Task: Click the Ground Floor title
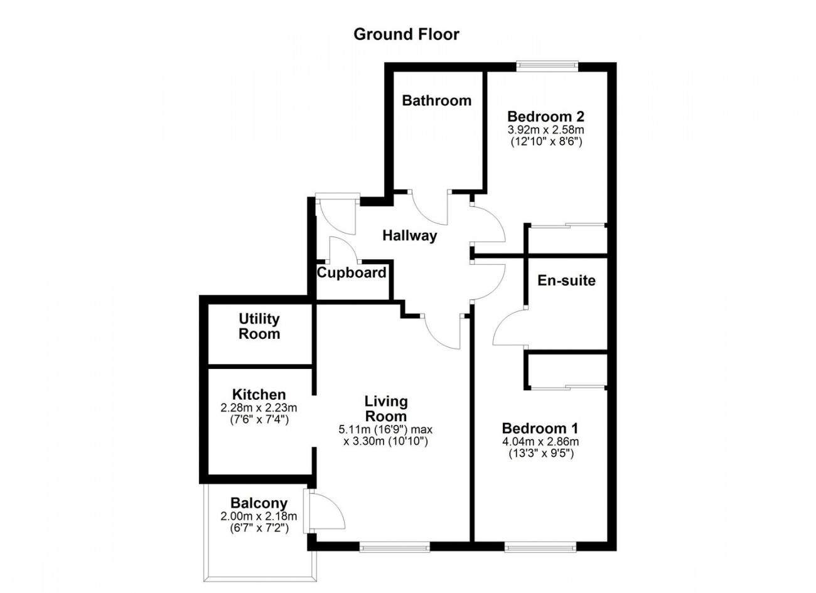click(x=406, y=35)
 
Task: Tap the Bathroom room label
click(x=436, y=100)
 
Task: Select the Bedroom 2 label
click(x=545, y=117)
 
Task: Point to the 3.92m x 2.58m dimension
click(x=546, y=130)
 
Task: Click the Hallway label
click(x=409, y=236)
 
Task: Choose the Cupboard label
click(x=352, y=272)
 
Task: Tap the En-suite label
click(x=566, y=280)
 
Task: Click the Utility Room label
click(x=259, y=326)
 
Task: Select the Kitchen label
click(x=259, y=395)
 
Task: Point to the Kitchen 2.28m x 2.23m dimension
click(x=259, y=408)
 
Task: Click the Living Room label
click(x=386, y=409)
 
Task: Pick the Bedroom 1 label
click(x=540, y=427)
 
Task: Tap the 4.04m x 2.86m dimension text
click(x=540, y=442)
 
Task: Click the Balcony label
click(x=259, y=503)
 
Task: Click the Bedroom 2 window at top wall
click(x=547, y=66)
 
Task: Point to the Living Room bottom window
click(x=395, y=547)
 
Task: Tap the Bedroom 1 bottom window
click(x=540, y=547)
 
